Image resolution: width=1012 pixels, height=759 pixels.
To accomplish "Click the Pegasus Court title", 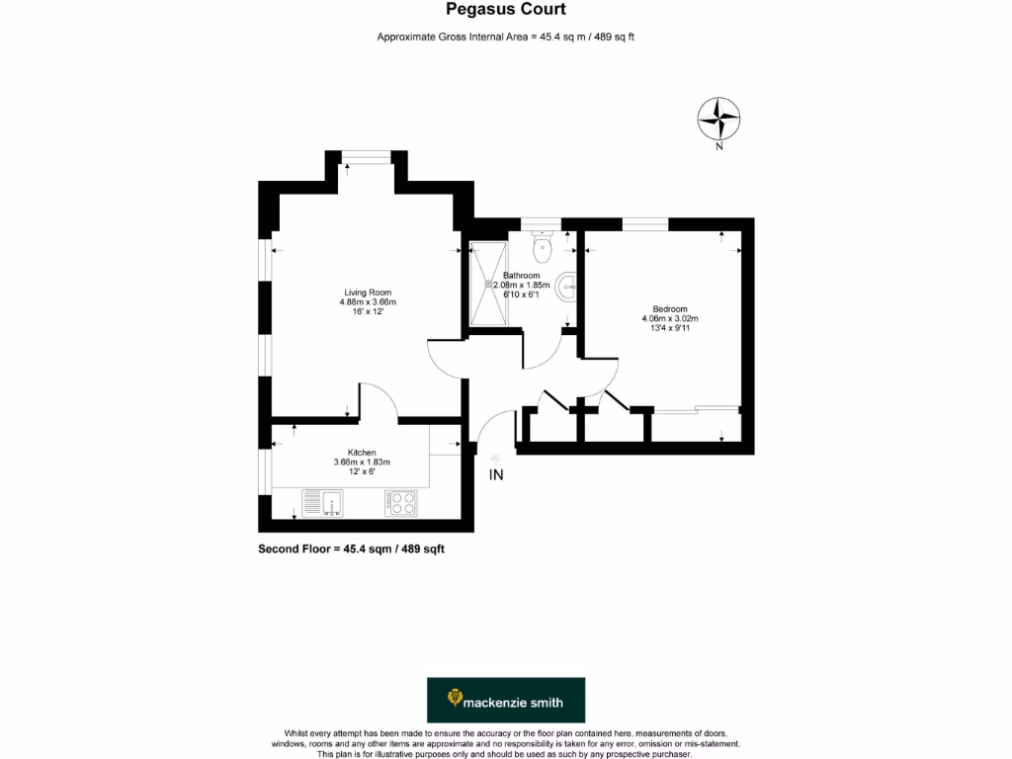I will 505,10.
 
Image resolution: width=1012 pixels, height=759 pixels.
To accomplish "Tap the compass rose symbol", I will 719,119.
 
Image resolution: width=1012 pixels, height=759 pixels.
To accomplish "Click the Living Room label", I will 368,293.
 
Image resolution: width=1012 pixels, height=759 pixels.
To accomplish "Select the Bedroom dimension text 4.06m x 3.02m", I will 669,318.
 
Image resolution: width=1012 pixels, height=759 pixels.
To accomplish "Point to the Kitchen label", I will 362,452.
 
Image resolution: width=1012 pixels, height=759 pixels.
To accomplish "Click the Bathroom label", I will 521,275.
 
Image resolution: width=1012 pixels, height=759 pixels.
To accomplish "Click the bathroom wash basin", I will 566,287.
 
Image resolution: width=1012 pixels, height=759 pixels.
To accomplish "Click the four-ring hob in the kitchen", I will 400,503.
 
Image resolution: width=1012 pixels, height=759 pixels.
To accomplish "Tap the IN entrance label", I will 496,475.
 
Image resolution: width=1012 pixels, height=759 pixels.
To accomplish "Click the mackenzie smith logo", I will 505,701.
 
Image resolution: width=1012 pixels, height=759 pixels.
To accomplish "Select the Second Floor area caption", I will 351,548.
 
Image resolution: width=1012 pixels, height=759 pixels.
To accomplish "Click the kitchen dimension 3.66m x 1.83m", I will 362,462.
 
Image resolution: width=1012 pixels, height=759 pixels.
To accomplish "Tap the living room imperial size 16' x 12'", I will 368,312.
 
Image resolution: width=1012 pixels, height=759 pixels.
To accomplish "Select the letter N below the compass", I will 719,147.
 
